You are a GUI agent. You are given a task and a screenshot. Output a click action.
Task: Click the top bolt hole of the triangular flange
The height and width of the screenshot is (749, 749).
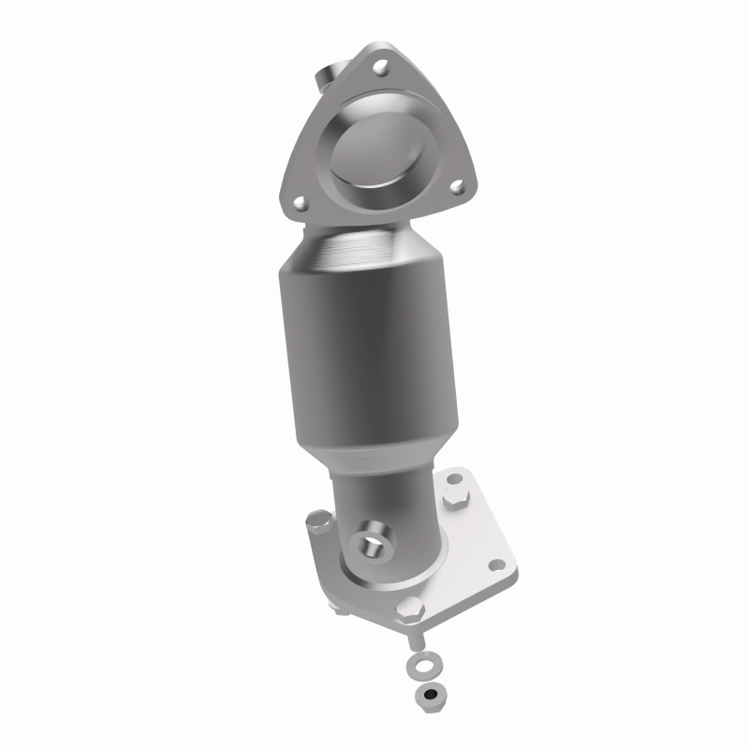(x=380, y=67)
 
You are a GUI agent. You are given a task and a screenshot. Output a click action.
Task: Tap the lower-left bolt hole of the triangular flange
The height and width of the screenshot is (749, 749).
(x=300, y=200)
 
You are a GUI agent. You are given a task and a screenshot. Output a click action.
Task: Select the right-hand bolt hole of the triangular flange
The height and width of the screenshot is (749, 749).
(x=459, y=187)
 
